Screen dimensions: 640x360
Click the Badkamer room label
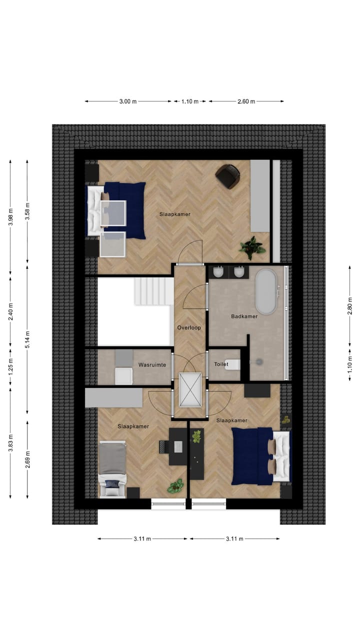244,316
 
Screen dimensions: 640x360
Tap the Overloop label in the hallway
189,328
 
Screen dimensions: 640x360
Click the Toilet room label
221,364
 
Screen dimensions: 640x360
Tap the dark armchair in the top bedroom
228,176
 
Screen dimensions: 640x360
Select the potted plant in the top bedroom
252,246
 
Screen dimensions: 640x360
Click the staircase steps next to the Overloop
154,291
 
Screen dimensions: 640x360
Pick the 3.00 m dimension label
128,101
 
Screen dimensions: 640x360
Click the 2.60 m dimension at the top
246,101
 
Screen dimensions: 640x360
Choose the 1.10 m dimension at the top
189,101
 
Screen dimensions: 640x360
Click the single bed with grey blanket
112,462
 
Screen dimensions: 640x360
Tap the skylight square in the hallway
189,389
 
